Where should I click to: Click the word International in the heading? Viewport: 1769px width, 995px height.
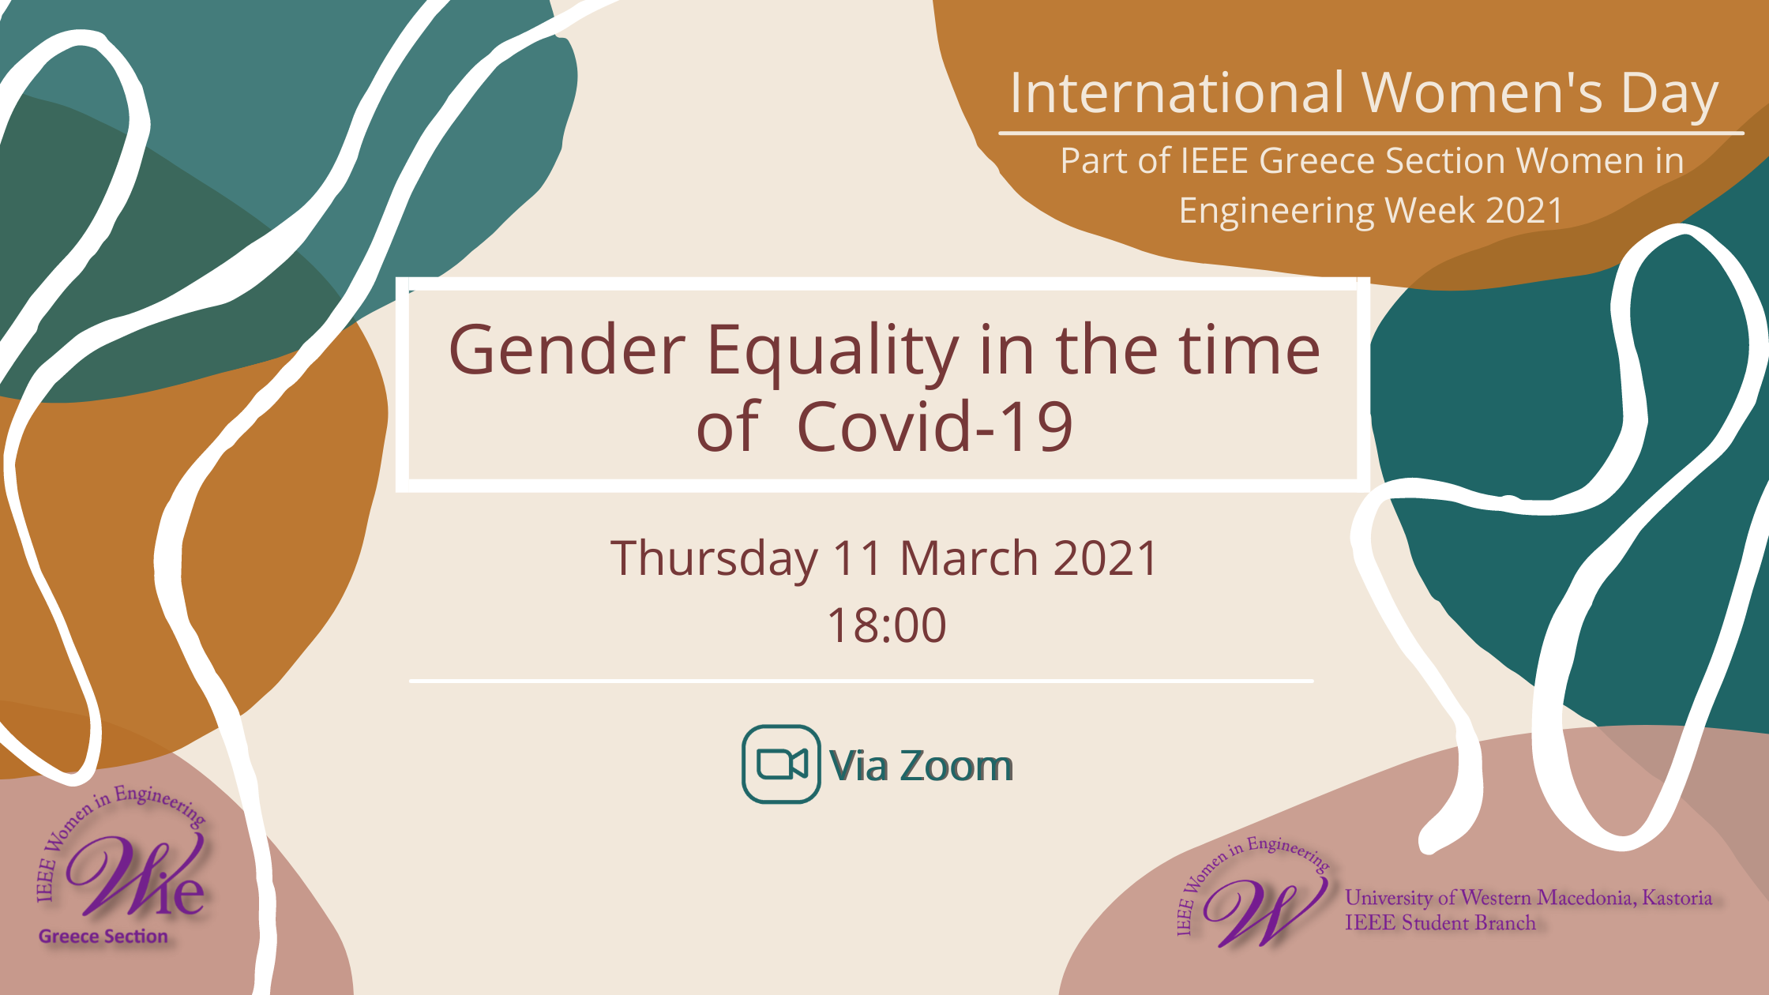[1177, 93]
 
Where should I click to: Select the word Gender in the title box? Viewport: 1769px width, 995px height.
[567, 350]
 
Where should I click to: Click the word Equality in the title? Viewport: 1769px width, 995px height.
[832, 352]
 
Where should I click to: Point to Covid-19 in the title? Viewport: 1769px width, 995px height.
[936, 426]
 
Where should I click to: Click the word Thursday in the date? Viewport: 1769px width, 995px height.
[714, 559]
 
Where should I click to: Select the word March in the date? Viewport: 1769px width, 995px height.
[969, 558]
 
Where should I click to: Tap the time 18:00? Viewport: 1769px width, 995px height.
[886, 625]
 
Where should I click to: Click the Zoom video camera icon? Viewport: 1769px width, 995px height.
[781, 764]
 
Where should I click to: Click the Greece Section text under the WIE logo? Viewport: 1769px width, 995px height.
[103, 937]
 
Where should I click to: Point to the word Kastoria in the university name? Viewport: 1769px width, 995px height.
[1677, 898]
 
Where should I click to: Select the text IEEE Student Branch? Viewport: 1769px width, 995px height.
[1440, 923]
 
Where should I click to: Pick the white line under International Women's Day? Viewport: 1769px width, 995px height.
[1371, 133]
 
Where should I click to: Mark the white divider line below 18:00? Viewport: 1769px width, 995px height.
[862, 680]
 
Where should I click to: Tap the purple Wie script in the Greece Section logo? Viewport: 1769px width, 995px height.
[134, 877]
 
